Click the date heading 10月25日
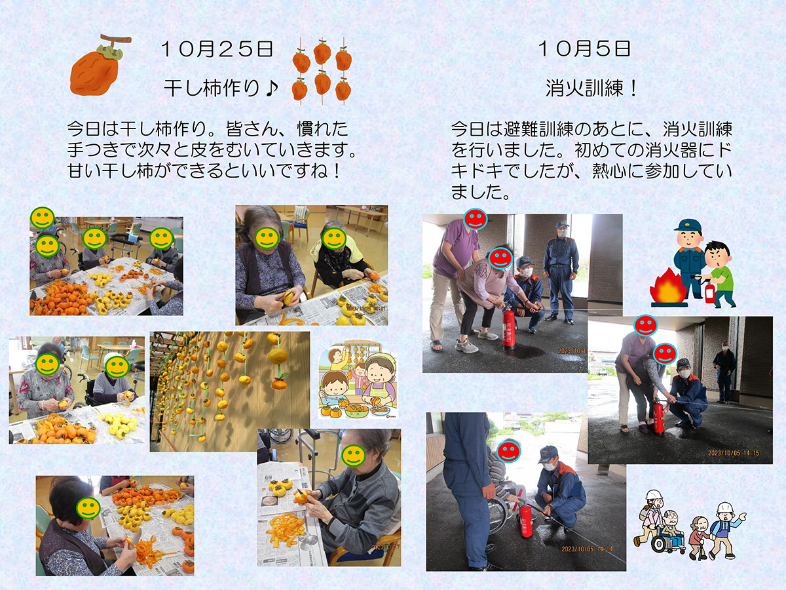(217, 49)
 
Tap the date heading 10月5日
(584, 49)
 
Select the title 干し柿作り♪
(221, 88)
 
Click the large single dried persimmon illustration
(98, 66)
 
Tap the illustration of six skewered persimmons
(322, 71)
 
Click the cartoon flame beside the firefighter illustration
(668, 288)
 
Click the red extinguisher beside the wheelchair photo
(525, 519)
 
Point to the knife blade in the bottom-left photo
(137, 536)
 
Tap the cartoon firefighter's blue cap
(688, 226)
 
